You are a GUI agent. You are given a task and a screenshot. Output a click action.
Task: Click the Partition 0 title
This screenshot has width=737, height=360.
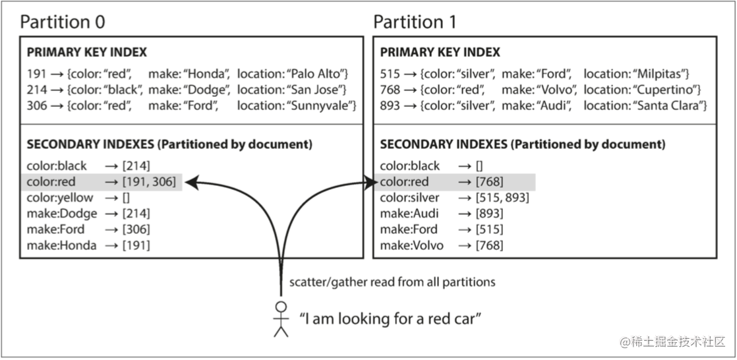63,22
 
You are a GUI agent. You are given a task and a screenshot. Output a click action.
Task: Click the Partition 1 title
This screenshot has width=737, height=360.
415,22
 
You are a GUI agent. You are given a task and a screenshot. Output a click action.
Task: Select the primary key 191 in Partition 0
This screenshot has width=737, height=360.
37,73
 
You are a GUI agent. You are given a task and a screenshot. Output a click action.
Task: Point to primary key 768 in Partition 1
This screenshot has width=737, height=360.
390,89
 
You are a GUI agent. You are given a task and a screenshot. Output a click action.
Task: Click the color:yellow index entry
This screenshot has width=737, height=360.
61,198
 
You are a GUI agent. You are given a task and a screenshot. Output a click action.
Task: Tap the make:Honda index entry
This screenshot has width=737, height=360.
62,245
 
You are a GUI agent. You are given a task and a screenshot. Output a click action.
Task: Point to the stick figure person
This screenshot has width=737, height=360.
281,319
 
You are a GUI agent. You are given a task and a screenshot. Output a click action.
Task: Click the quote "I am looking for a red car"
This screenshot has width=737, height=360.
390,319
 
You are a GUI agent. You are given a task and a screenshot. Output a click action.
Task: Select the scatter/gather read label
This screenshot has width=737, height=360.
392,282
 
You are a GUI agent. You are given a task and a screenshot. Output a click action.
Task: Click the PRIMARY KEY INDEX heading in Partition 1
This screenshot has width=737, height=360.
440,52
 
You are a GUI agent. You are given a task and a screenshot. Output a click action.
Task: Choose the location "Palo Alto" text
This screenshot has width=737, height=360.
322,73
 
